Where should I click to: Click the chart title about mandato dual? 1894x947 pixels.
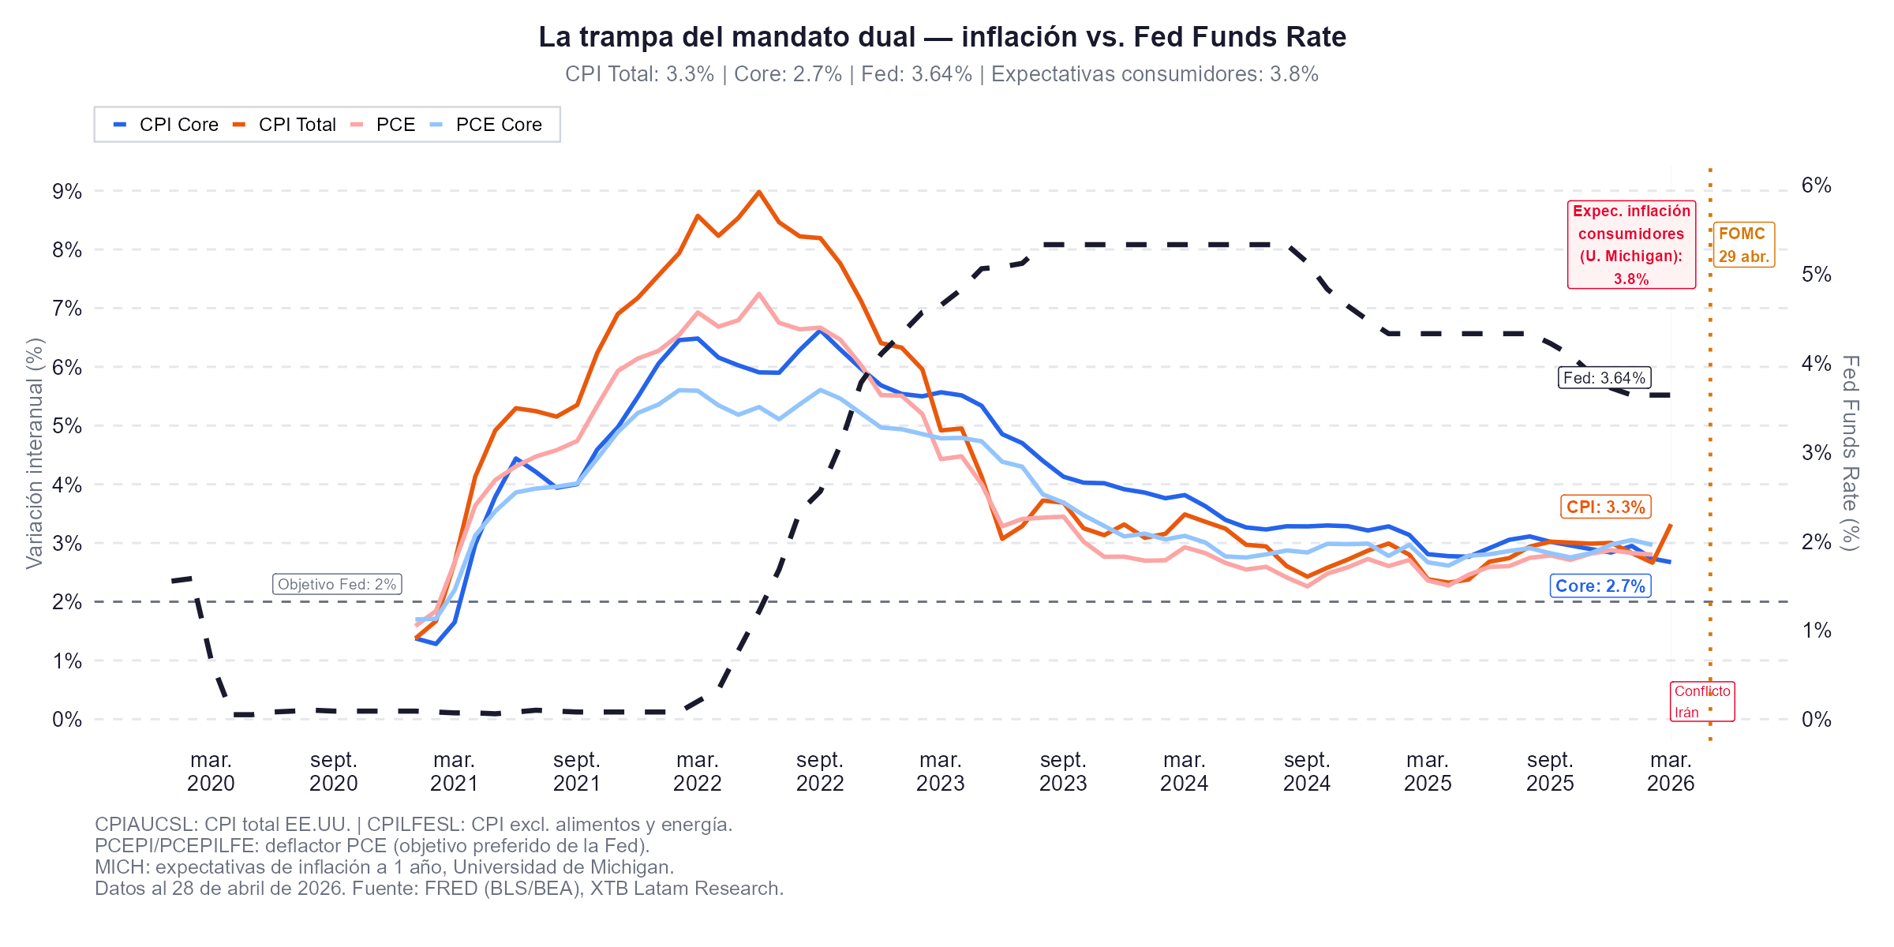[x=942, y=37]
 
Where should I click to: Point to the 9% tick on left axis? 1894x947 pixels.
[x=67, y=192]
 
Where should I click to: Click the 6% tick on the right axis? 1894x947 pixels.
[x=1816, y=185]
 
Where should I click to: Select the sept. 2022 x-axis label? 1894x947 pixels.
[x=820, y=772]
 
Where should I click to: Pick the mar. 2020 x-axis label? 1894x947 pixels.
[x=211, y=772]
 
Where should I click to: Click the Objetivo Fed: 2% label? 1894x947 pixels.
[x=337, y=584]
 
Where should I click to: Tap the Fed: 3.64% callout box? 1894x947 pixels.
[x=1604, y=378]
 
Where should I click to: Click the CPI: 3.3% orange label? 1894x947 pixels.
[x=1605, y=507]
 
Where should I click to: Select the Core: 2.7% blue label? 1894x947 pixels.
[x=1600, y=586]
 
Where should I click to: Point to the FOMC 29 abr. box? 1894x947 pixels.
[x=1743, y=245]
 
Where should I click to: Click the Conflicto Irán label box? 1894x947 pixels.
[x=1702, y=702]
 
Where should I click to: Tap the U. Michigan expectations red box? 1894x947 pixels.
[x=1630, y=245]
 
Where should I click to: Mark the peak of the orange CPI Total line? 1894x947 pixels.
[x=758, y=192]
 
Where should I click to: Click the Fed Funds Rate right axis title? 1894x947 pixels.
[x=1850, y=453]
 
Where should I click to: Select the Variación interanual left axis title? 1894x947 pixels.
[x=34, y=453]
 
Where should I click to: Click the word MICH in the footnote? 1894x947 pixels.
[x=122, y=867]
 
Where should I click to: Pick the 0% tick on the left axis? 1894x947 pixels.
[x=67, y=720]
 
